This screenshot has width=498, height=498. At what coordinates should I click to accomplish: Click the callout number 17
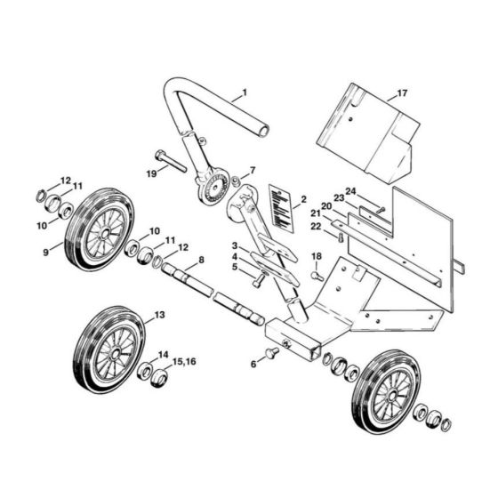click(402, 92)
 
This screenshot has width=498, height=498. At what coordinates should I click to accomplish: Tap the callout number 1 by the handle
click(245, 92)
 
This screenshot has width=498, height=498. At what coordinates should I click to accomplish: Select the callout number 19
click(151, 173)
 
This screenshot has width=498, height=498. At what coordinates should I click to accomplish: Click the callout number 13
click(159, 315)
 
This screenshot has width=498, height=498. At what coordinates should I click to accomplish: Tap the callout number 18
click(316, 257)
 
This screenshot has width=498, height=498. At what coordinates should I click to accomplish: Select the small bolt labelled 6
click(273, 352)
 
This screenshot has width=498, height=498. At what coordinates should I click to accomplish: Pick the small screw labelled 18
click(315, 276)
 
